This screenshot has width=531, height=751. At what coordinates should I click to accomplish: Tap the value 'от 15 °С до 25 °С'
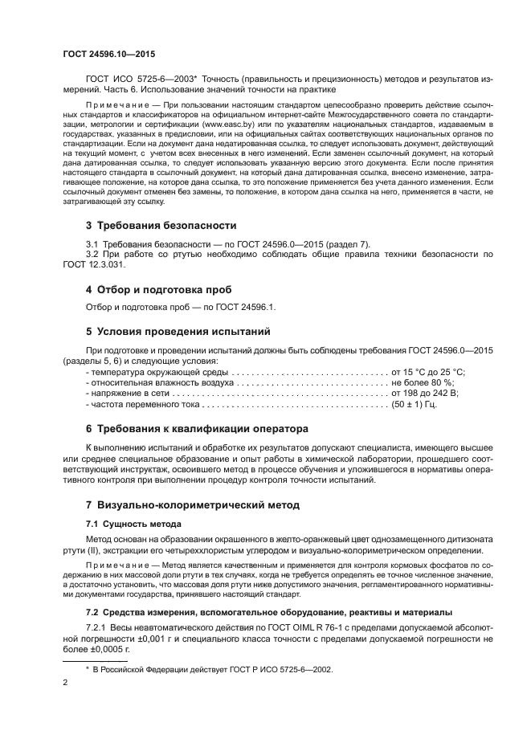(x=427, y=373)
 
